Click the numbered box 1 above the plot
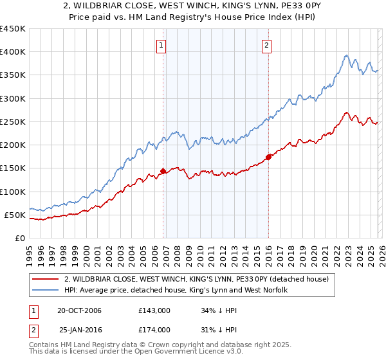coord(160,45)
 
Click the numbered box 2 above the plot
coord(266,45)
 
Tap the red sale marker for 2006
coord(163,171)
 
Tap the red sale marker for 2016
coord(268,157)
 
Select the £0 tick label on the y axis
coord(19,238)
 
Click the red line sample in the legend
coord(45,279)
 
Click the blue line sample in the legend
coord(45,290)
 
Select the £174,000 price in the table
coord(154,329)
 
